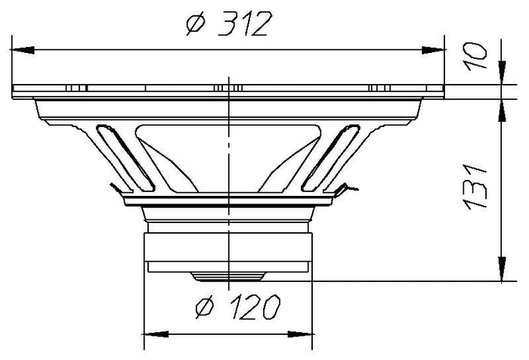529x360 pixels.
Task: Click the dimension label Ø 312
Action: tap(229, 23)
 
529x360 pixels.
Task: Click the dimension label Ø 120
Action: tap(238, 307)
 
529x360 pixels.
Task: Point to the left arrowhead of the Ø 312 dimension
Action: tap(22, 50)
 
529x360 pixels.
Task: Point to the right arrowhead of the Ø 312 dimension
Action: tap(434, 50)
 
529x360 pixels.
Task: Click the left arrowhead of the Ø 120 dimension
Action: tap(156, 334)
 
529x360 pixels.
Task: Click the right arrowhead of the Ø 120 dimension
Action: tap(300, 334)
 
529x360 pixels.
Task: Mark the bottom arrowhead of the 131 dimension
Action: tap(502, 268)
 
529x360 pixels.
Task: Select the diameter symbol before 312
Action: tap(196, 24)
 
